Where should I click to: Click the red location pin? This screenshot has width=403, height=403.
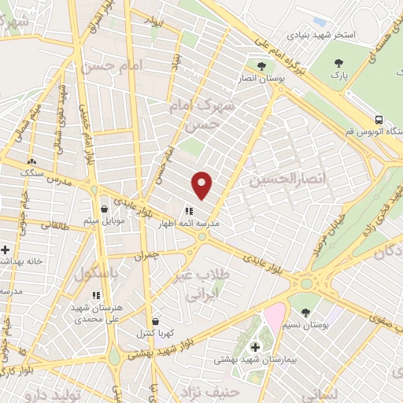pyautogui.click(x=203, y=184)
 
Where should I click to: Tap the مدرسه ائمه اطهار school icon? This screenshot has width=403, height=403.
pyautogui.click(x=189, y=211)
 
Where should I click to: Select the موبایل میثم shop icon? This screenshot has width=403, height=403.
pyautogui.click(x=105, y=209)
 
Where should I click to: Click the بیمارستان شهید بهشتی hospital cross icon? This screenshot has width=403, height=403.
pyautogui.click(x=254, y=347)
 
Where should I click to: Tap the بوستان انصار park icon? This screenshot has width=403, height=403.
pyautogui.click(x=261, y=65)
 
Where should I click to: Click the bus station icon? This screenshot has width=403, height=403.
pyautogui.click(x=380, y=120)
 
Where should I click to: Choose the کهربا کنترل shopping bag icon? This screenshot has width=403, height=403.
pyautogui.click(x=155, y=322)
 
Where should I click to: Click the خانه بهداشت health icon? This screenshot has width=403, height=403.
pyautogui.click(x=6, y=250)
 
